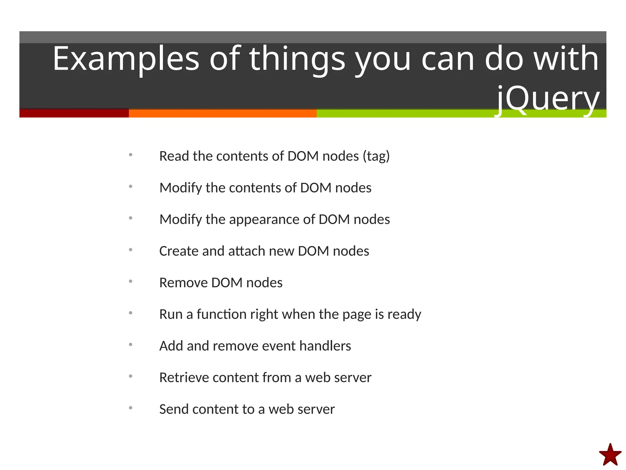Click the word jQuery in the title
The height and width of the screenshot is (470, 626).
pos(547,99)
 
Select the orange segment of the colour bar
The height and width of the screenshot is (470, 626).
pos(223,114)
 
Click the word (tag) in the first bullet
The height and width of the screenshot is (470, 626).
pos(376,156)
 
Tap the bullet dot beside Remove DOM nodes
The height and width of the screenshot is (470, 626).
pos(131,281)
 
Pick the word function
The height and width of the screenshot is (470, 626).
pos(221,314)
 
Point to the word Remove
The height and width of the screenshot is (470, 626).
pos(183,283)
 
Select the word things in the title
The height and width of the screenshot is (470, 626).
pos(297,59)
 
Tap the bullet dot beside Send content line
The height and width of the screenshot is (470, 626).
pos(131,408)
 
